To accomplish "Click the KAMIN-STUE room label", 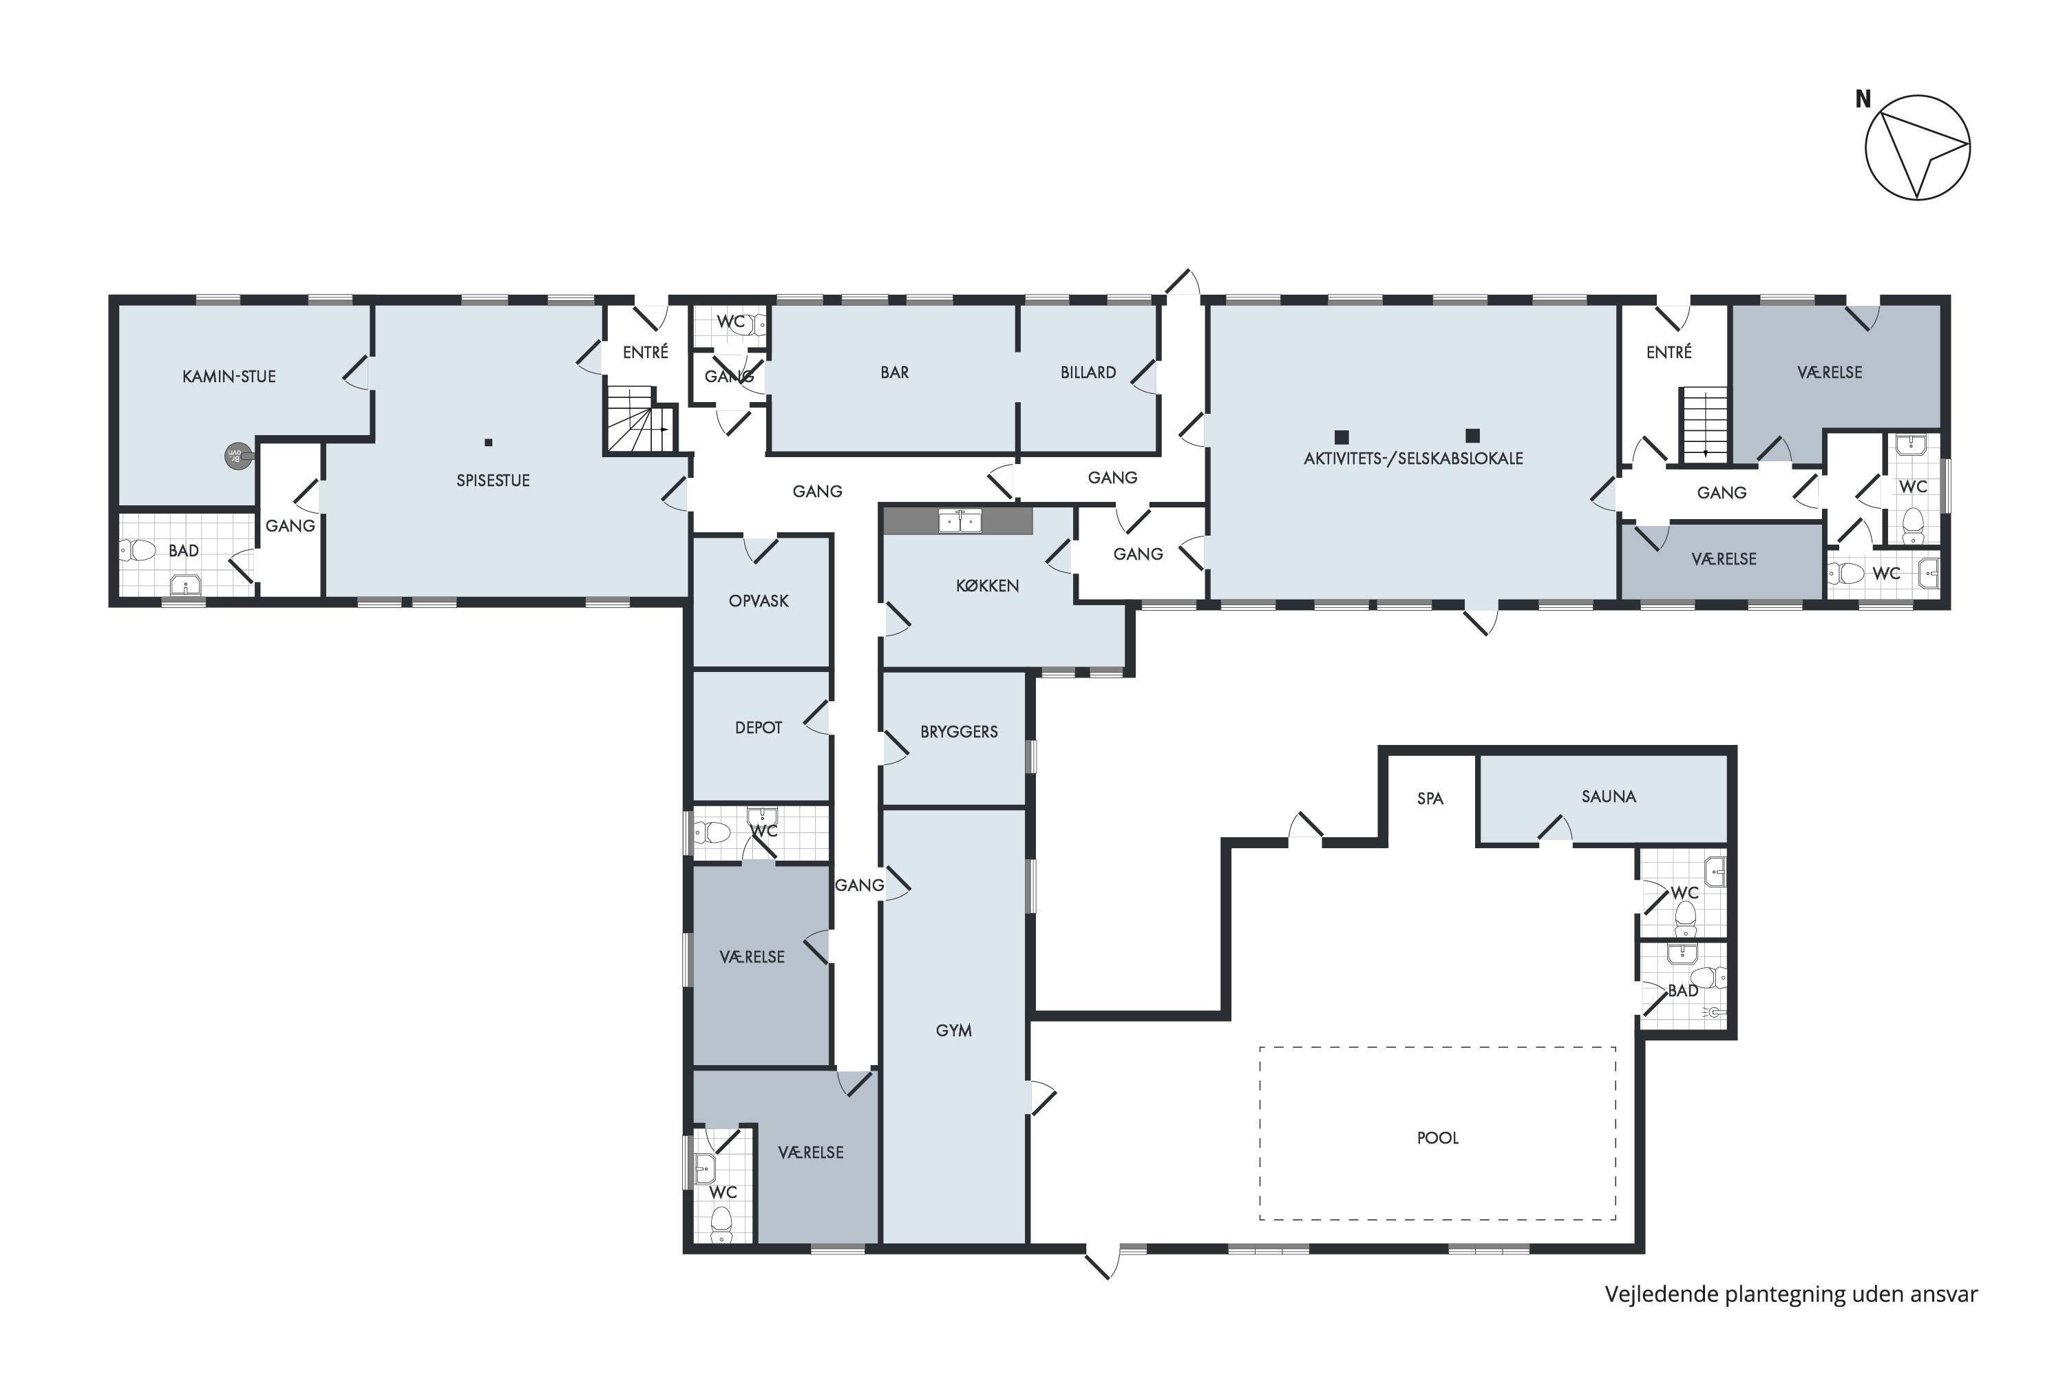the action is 229,377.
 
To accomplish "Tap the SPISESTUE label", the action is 493,481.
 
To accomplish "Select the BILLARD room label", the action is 1088,372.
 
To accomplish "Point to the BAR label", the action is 895,372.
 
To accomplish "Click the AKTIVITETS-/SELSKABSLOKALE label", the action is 1412,459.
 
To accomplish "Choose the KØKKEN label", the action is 987,586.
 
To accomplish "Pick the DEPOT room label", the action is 758,728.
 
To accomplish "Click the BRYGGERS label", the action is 959,731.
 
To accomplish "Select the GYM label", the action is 953,1031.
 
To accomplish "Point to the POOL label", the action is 1437,1138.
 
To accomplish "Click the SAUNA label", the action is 1609,797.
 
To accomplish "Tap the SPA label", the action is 1430,798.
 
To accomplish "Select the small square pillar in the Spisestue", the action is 489,443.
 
